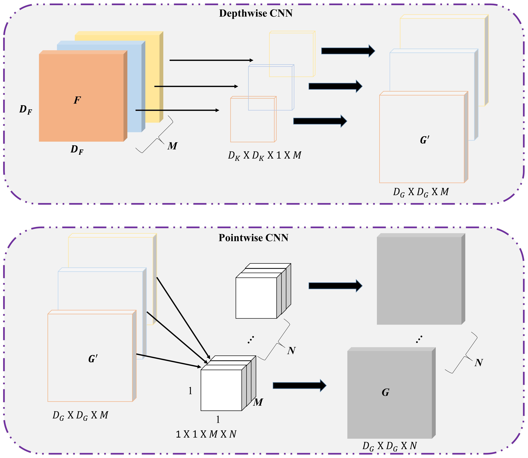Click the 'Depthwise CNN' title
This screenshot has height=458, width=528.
click(256, 13)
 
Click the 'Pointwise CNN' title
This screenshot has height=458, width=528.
click(253, 238)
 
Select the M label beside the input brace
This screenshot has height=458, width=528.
click(172, 146)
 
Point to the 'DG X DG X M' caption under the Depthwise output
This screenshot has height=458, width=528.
click(421, 192)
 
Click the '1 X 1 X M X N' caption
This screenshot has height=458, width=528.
click(206, 434)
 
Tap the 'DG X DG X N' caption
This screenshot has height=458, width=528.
click(389, 446)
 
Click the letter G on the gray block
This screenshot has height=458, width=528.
click(385, 392)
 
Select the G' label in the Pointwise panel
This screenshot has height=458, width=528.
click(93, 359)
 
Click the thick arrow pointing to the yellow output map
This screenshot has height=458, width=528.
click(348, 51)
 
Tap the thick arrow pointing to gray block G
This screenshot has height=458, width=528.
click(299, 385)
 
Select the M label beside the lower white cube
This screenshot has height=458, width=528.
click(258, 402)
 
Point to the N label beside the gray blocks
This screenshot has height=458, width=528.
click(478, 363)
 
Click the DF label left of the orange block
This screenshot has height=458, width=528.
click(26, 110)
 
